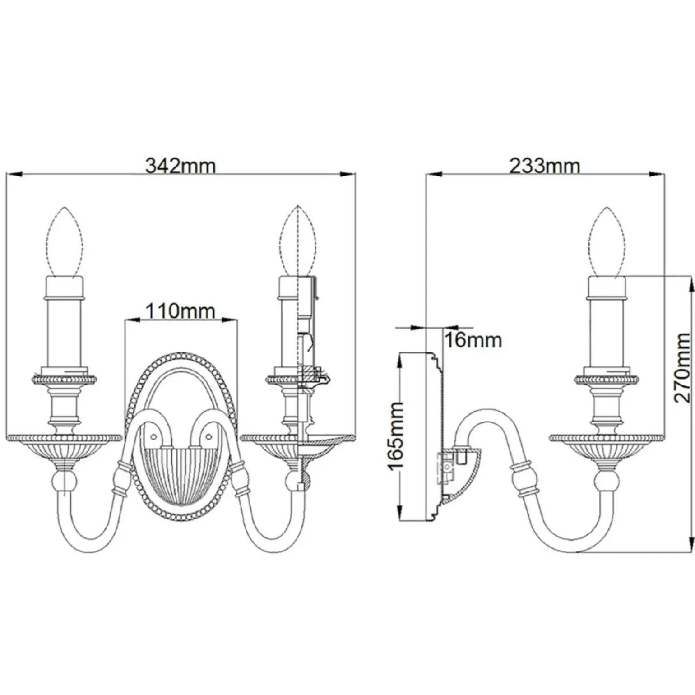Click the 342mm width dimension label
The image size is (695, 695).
tap(181, 166)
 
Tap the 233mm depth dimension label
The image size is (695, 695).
tap(545, 166)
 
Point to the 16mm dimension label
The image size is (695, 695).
tap(473, 340)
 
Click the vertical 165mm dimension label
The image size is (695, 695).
tap(396, 436)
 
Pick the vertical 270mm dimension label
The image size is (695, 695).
tap(682, 367)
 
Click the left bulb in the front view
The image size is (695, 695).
tap(65, 242)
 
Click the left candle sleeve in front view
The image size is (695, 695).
tap(65, 323)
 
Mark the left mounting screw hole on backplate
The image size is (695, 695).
tap(153, 437)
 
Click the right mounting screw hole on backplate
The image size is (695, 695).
tap(208, 437)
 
